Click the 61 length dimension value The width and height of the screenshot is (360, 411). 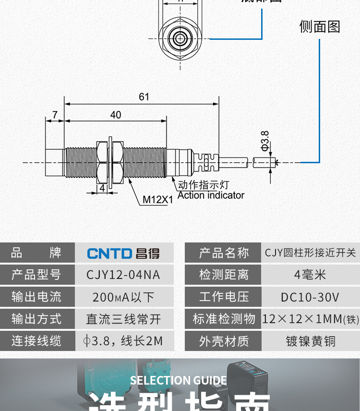[144, 97]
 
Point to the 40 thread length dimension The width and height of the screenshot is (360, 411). [115, 115]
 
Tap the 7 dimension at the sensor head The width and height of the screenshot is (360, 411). [55, 115]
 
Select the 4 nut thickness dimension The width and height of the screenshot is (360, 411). [102, 188]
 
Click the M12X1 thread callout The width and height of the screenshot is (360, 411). [158, 199]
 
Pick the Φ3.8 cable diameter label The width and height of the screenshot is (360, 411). [265, 141]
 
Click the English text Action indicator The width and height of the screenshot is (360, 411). [211, 195]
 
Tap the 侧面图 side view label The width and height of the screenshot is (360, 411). [319, 26]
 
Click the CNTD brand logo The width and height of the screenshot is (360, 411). [123, 253]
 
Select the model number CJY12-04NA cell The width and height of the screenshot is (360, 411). [123, 275]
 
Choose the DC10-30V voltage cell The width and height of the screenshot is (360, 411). [310, 297]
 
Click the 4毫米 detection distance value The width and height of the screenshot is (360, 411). [310, 275]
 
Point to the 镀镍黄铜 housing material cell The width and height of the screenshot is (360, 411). [310, 341]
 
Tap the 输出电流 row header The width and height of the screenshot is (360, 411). [37, 297]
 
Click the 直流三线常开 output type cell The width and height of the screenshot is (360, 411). [123, 319]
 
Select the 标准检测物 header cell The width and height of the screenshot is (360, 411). [224, 319]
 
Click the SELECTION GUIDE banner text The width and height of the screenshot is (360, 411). [178, 381]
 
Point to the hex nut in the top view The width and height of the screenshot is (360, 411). [184, 37]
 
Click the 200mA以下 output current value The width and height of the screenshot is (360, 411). [123, 297]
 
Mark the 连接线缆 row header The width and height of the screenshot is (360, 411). [37, 341]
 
